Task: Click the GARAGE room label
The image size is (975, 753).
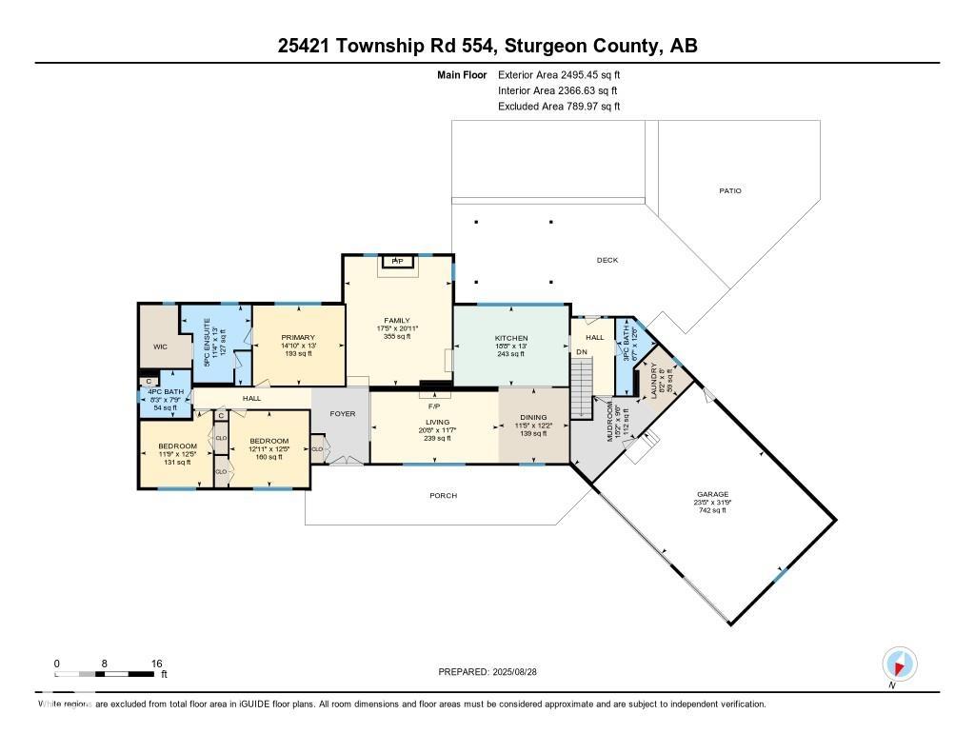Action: click(x=712, y=494)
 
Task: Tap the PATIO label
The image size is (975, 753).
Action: click(x=729, y=191)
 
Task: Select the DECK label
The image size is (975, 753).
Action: click(x=607, y=260)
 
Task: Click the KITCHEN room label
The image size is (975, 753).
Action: click(x=510, y=338)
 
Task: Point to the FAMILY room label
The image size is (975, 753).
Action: click(x=397, y=321)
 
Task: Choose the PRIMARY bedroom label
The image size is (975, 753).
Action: click(x=297, y=337)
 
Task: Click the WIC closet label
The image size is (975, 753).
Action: click(x=160, y=347)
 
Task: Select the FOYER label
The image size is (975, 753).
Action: click(x=342, y=414)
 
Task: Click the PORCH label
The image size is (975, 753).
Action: click(x=443, y=496)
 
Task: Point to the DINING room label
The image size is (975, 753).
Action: click(x=533, y=418)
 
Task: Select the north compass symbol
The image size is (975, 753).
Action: click(x=899, y=664)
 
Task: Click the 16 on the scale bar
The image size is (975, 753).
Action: click(x=156, y=663)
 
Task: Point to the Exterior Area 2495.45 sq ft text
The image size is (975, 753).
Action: click(x=559, y=74)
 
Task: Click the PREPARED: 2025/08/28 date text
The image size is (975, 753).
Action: click(x=493, y=671)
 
